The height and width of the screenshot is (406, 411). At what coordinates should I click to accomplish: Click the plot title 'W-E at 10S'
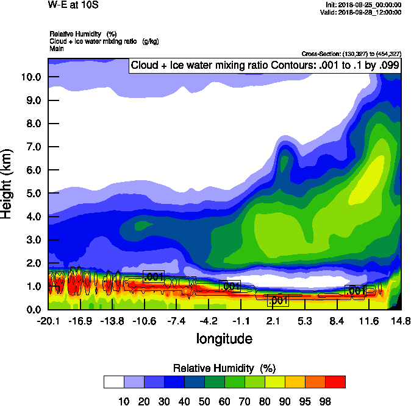click(68, 5)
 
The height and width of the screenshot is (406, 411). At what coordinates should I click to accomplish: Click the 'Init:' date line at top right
click(363, 5)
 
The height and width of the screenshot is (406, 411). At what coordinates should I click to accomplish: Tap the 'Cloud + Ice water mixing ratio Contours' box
click(265, 66)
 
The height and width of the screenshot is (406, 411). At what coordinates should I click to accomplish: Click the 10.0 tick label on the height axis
click(31, 77)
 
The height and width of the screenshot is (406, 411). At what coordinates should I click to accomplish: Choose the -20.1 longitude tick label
click(48, 321)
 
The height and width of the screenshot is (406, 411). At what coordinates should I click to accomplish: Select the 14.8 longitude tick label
click(400, 321)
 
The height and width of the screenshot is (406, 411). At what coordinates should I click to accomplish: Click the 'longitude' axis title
click(224, 338)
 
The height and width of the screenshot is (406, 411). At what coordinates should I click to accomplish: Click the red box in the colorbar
click(335, 382)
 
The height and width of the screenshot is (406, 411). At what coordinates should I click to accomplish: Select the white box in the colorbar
click(114, 382)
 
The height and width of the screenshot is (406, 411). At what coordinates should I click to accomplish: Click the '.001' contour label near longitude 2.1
click(278, 300)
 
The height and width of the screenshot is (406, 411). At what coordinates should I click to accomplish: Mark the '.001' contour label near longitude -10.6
click(154, 276)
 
